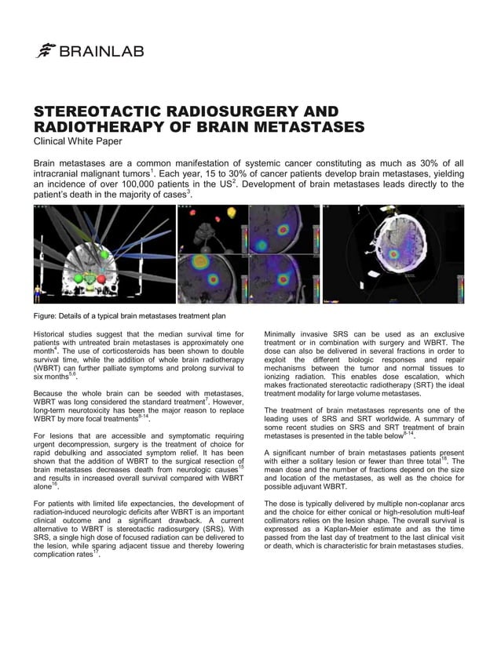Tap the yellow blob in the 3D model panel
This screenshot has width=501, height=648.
(x=232, y=213)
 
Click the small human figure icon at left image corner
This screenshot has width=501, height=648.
(x=38, y=294)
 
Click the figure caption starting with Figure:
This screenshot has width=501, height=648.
(x=130, y=316)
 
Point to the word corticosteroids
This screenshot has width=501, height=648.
(x=123, y=351)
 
